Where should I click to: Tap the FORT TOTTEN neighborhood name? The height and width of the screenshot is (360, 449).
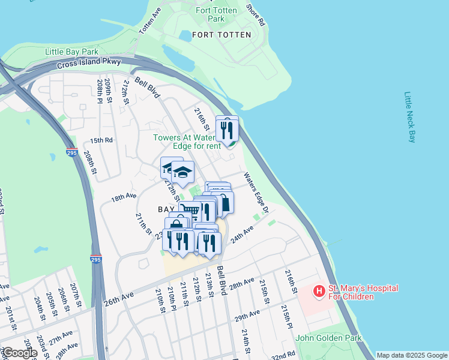(221, 35)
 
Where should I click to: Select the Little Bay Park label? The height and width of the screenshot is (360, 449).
(71, 52)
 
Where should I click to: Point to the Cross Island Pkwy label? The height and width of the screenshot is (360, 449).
(89, 63)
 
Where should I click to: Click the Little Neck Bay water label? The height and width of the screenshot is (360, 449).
(410, 117)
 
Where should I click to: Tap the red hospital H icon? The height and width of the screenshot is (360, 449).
(319, 292)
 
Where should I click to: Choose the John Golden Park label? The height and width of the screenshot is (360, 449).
(329, 338)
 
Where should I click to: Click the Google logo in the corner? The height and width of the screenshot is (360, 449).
(19, 353)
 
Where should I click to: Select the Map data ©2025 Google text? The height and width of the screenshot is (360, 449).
(411, 355)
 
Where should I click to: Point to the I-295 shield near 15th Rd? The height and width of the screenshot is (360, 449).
(72, 152)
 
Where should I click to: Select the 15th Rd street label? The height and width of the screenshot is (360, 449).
(101, 140)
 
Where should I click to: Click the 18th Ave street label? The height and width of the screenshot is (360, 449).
(124, 197)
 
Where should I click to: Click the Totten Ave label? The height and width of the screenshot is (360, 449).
(150, 20)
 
